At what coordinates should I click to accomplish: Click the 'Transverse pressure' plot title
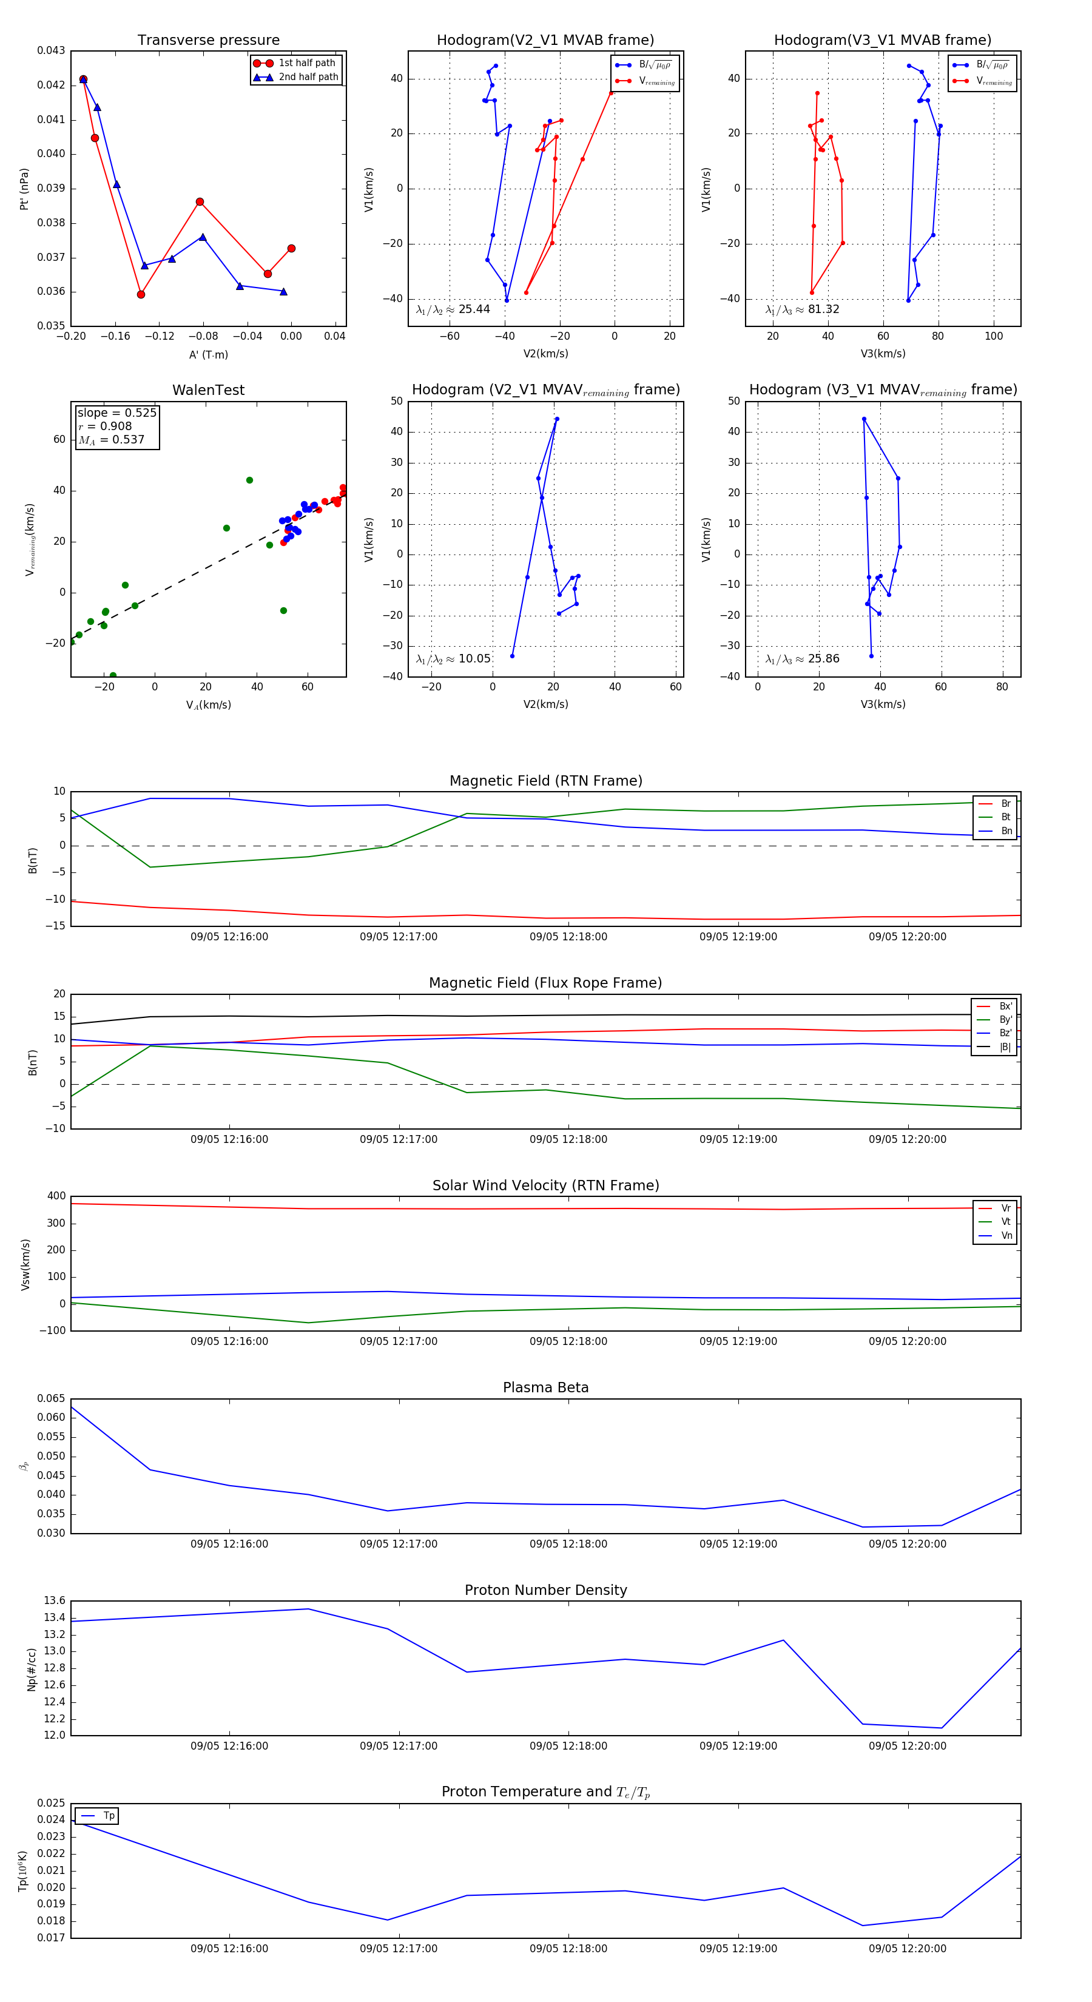coord(208,41)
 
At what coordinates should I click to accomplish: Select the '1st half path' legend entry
coord(306,63)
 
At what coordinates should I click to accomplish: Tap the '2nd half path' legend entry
coord(308,77)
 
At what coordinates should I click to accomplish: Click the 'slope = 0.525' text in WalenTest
coord(116,413)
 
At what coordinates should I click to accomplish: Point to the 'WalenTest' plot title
coord(208,390)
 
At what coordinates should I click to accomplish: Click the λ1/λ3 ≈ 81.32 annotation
coord(802,309)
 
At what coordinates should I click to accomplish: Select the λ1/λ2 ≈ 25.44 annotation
coord(453,309)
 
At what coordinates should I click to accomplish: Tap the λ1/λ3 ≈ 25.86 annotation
coord(802,659)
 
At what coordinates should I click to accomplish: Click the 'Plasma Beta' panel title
coord(545,1387)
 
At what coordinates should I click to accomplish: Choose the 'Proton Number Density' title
coord(545,1590)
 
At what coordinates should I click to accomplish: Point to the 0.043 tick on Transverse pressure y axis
coord(52,50)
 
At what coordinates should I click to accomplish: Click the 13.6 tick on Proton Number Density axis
coord(55,1600)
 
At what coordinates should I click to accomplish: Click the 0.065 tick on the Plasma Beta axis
coord(52,1398)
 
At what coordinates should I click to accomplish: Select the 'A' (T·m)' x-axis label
coord(208,354)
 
